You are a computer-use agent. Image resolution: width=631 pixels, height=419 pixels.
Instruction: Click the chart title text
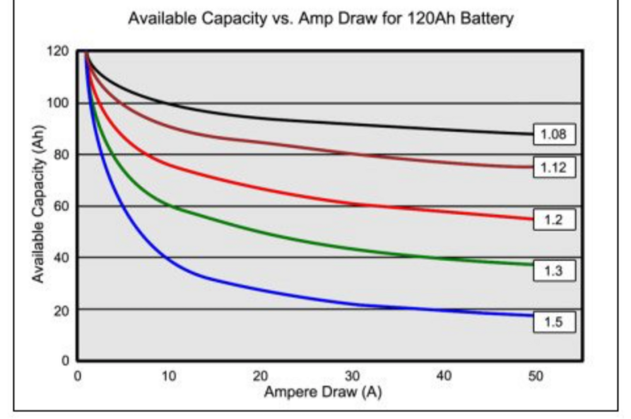[321, 18]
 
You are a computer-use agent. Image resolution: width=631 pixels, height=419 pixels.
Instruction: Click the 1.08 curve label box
[554, 135]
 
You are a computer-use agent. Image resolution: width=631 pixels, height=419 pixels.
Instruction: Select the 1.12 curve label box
[554, 168]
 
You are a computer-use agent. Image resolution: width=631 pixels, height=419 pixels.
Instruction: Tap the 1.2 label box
[554, 220]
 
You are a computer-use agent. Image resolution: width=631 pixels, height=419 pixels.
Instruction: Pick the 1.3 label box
[554, 271]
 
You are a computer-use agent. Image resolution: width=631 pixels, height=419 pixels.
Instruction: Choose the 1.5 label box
[554, 322]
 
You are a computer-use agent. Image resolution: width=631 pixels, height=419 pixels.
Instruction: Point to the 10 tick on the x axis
[168, 376]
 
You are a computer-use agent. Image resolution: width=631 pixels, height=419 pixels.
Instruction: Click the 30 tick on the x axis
[352, 376]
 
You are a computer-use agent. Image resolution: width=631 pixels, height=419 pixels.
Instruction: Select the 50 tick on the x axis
[535, 376]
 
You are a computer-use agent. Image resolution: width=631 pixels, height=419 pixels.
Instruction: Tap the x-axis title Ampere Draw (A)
[322, 392]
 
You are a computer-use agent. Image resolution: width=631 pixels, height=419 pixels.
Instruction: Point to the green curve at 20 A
[261, 234]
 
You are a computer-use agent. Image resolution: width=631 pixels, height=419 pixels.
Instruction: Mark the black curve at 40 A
[444, 128]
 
